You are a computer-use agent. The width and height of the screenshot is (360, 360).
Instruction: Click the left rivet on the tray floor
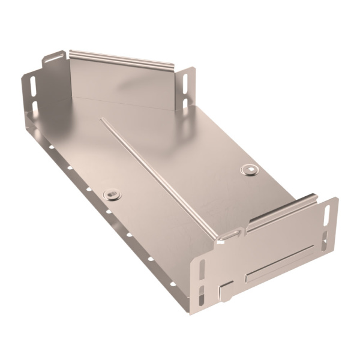112,194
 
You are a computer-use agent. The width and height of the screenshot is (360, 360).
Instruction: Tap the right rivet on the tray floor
248,170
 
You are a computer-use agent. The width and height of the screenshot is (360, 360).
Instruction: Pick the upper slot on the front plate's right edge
326,215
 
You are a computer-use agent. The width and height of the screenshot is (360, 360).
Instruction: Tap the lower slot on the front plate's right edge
324,242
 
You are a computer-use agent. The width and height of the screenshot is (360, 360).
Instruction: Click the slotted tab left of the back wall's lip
54,59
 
